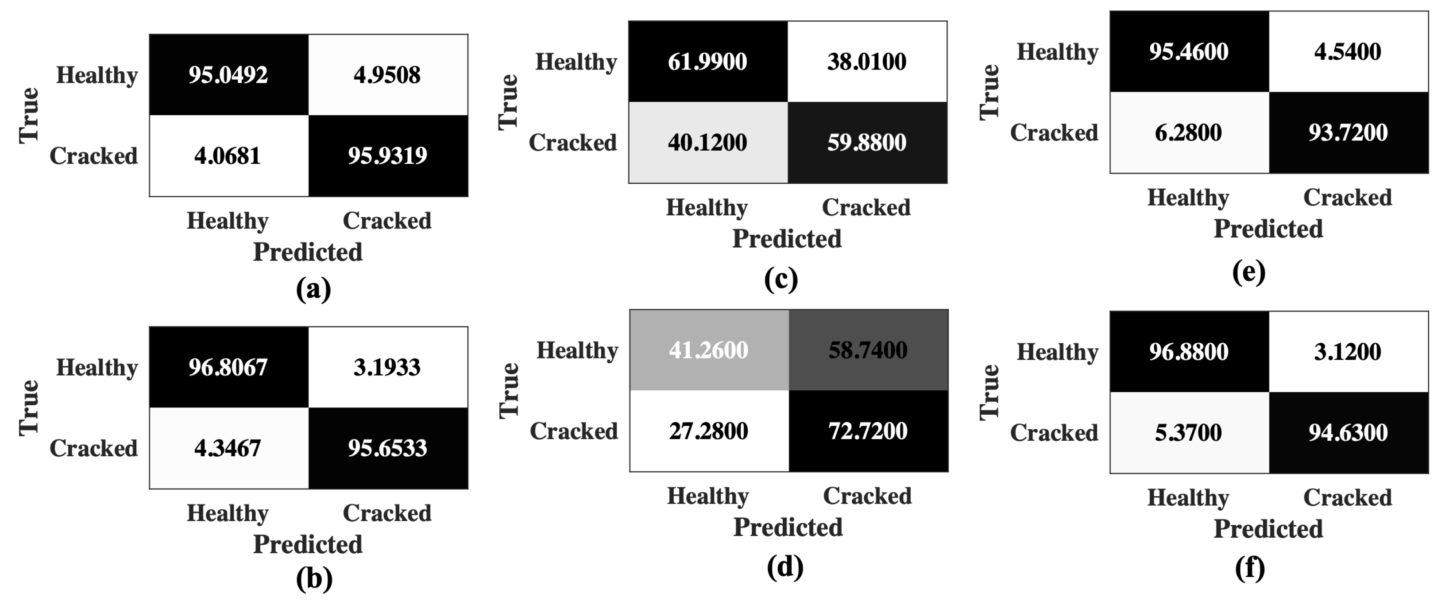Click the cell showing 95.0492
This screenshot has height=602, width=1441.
(228, 75)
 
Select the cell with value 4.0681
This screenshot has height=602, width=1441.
(228, 155)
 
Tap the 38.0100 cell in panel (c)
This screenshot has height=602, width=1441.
(867, 62)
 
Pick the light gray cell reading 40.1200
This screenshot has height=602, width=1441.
(707, 143)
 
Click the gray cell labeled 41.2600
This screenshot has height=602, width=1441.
(709, 350)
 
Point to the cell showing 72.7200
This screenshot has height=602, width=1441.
(868, 431)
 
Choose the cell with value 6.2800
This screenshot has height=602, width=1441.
(1189, 132)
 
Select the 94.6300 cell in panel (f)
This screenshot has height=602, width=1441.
(1348, 432)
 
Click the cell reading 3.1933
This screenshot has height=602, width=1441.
(387, 368)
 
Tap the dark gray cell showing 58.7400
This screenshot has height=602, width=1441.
(868, 350)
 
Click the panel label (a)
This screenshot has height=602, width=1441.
(313, 289)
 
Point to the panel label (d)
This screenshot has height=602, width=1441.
(785, 567)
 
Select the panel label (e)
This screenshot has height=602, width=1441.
(1248, 272)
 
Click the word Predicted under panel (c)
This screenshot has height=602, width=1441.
(787, 239)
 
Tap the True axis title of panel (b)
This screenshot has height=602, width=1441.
(29, 407)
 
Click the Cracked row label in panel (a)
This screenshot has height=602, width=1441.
(93, 156)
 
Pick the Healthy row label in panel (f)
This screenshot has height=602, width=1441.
(1057, 352)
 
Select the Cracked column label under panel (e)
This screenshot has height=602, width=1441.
(1348, 198)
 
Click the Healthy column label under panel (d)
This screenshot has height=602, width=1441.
(707, 496)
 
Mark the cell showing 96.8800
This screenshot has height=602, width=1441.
(1189, 352)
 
